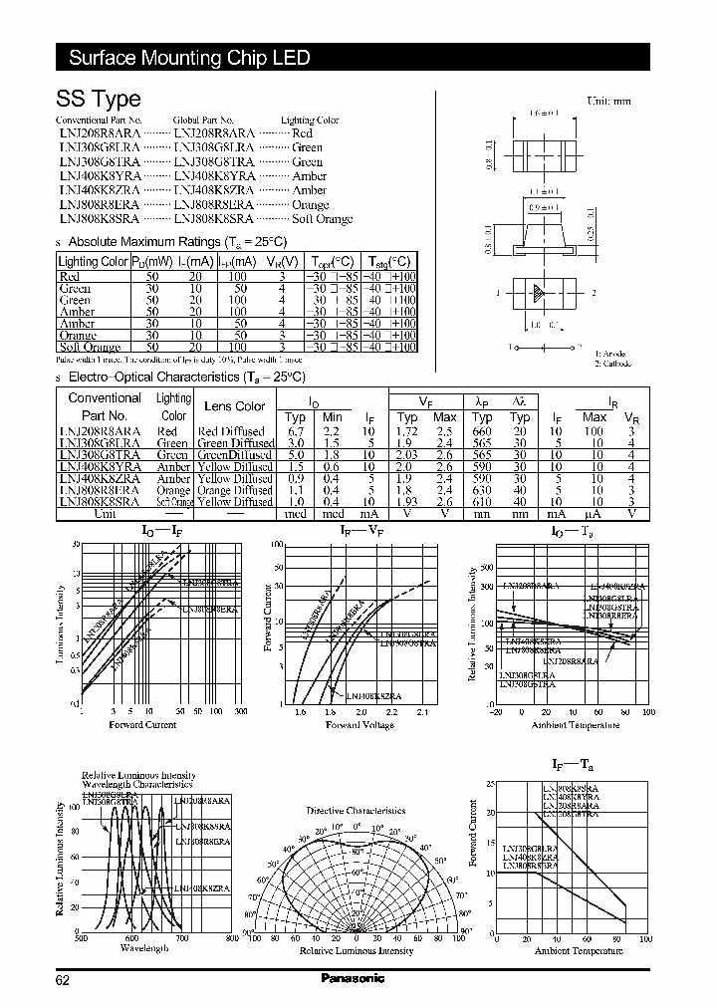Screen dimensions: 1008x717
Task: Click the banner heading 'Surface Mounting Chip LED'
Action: tap(189, 57)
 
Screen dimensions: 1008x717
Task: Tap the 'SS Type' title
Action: tap(99, 99)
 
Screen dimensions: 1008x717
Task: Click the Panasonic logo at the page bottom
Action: tap(353, 978)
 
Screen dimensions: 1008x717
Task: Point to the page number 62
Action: tap(63, 980)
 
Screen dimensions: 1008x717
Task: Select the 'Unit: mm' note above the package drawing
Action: tap(608, 102)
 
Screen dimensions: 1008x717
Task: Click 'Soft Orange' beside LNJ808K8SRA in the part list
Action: tap(322, 218)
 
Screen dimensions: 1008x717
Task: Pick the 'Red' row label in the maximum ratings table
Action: tap(70, 276)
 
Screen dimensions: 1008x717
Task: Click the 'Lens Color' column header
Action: tap(235, 405)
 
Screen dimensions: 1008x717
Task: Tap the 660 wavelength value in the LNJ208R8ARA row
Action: tap(482, 430)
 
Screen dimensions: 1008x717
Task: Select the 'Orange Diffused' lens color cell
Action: tap(235, 490)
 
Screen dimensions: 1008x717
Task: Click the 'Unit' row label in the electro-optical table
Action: tap(105, 514)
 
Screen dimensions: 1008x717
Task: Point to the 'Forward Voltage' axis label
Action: tap(359, 725)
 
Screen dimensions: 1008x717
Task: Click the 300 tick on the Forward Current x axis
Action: tap(240, 713)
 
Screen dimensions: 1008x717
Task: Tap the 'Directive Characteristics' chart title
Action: tap(356, 811)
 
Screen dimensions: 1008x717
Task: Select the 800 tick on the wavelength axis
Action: tap(231, 938)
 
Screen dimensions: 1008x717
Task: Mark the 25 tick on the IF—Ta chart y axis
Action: tap(490, 784)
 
